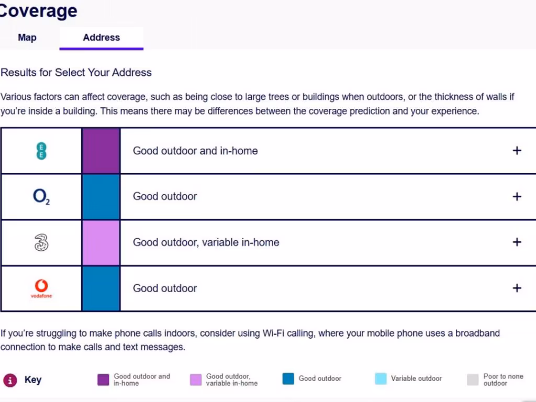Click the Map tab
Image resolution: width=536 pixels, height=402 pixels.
tap(27, 38)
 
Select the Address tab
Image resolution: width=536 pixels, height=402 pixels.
tap(101, 38)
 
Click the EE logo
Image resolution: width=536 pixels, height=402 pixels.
tap(41, 151)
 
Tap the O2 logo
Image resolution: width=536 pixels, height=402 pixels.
tap(41, 197)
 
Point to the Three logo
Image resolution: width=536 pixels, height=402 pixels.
tap(41, 242)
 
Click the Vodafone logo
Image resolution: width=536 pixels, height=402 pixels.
tap(41, 288)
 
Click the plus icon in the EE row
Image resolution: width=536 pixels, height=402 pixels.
tap(517, 151)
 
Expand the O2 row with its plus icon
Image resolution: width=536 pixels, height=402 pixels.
tap(517, 197)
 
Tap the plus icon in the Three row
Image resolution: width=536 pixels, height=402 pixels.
tap(517, 242)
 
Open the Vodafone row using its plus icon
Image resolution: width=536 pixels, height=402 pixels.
tap(517, 288)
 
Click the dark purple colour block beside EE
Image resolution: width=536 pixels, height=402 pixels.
tap(101, 151)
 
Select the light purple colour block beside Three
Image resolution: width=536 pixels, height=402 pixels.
tap(101, 242)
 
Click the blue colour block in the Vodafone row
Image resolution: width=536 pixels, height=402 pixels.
tap(101, 288)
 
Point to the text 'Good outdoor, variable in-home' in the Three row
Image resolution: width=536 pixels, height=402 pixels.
tap(206, 242)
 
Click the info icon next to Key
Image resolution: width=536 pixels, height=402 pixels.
tap(10, 380)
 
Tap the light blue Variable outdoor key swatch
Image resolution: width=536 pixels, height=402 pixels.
tap(381, 379)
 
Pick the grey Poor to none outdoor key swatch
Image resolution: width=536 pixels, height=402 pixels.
tap(473, 379)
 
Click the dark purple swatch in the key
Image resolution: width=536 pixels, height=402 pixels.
tap(103, 379)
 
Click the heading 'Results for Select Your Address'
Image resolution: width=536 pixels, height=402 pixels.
tap(76, 73)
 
